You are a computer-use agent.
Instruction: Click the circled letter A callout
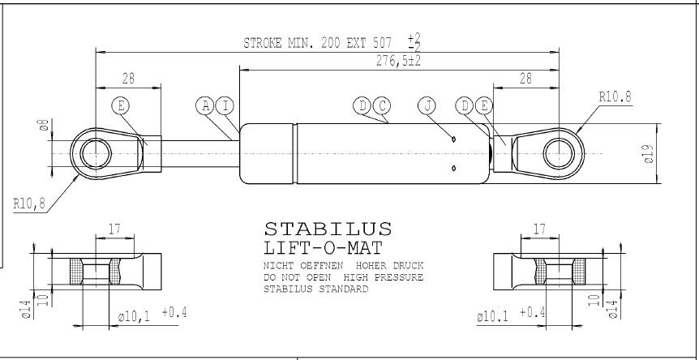tap(205, 106)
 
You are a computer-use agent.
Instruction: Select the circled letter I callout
tap(225, 106)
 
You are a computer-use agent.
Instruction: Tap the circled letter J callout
tap(427, 106)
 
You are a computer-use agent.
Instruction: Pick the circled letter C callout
tap(382, 106)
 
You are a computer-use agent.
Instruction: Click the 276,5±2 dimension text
tap(398, 61)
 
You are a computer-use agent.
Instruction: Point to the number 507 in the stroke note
tap(382, 43)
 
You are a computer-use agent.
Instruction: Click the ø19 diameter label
tap(649, 154)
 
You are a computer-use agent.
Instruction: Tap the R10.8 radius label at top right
tap(615, 96)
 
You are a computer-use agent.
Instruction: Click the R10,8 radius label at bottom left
tap(29, 204)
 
